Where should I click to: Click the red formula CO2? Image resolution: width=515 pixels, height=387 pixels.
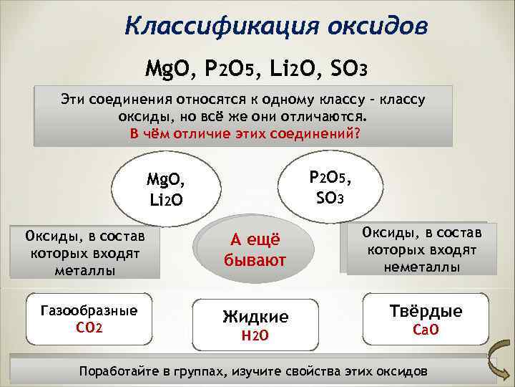(x=89, y=328)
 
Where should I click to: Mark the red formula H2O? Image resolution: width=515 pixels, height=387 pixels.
(x=255, y=335)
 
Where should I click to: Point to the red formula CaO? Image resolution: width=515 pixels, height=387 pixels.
(x=426, y=330)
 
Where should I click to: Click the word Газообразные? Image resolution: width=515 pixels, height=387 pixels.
(x=89, y=311)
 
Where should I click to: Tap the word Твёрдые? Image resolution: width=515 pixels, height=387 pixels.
(x=426, y=311)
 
